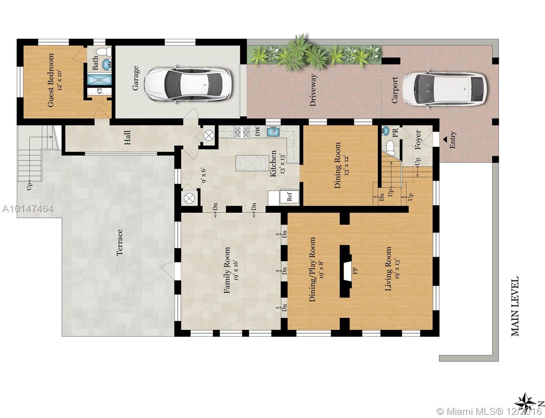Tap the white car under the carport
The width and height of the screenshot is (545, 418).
coord(445,89)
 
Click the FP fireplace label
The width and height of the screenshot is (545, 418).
coord(355,271)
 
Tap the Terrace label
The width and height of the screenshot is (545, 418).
coord(120,242)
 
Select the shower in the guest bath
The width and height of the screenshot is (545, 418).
coord(99,79)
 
